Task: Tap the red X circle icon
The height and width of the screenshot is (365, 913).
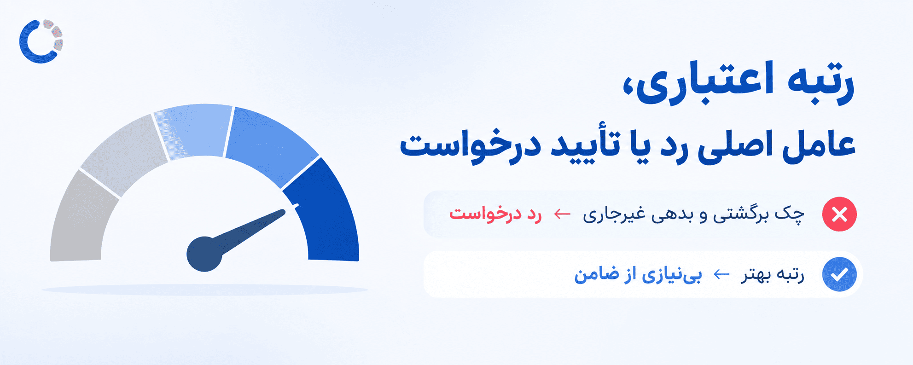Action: click(x=839, y=214)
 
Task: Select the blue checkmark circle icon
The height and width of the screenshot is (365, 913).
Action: click(x=839, y=274)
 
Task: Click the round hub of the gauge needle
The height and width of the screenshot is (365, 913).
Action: click(x=204, y=254)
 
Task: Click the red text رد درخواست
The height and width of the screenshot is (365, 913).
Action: click(x=495, y=214)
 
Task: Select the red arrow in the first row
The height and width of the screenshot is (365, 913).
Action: click(x=562, y=214)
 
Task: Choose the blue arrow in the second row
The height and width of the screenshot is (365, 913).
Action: click(x=721, y=275)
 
